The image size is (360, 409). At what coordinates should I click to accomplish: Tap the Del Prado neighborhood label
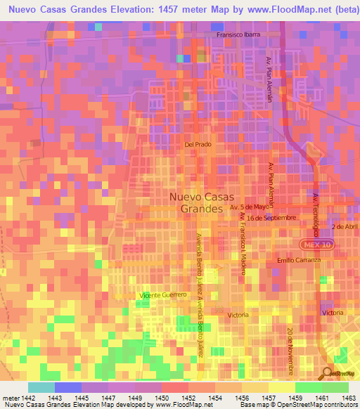pyautogui.click(x=198, y=144)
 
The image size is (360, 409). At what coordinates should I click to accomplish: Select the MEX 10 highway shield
pyautogui.click(x=319, y=243)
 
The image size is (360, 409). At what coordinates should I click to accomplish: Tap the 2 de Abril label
pyautogui.click(x=345, y=228)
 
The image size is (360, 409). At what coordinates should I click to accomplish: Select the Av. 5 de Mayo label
pyautogui.click(x=250, y=207)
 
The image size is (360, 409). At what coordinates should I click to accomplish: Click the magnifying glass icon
pyautogui.click(x=328, y=374)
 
